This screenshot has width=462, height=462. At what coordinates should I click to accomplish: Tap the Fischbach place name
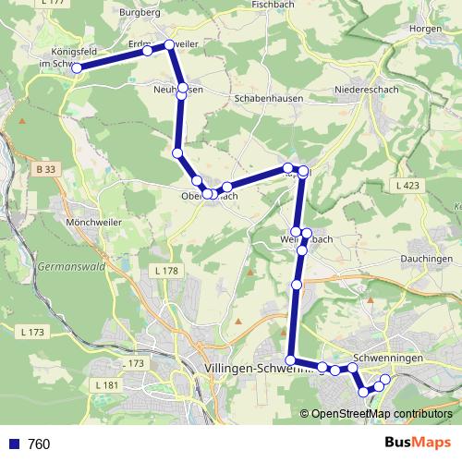(274, 5)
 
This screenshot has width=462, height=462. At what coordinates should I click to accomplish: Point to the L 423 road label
(407, 187)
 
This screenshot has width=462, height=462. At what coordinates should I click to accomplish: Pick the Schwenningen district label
(388, 358)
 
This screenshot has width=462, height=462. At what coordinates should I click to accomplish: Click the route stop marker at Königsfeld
(77, 67)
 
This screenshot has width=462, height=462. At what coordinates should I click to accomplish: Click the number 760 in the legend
(39, 444)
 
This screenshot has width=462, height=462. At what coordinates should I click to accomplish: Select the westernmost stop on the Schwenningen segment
(291, 360)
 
